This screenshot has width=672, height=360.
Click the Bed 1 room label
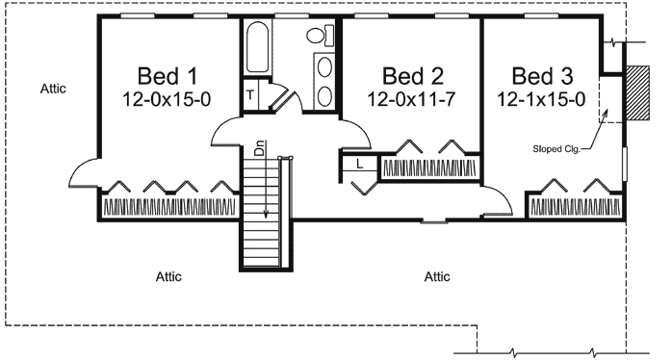click(x=168, y=75)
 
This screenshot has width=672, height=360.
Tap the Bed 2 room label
click(x=411, y=75)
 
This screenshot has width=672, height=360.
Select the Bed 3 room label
click(x=542, y=75)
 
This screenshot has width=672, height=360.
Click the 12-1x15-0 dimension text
click(x=542, y=98)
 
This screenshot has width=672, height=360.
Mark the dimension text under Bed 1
click(x=168, y=98)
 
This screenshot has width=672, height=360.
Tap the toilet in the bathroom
click(x=319, y=37)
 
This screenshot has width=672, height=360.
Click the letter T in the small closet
click(x=250, y=94)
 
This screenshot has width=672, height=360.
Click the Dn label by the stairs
click(x=259, y=150)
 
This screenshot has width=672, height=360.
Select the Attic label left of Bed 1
click(x=53, y=88)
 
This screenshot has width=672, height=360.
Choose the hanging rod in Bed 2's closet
click(x=430, y=168)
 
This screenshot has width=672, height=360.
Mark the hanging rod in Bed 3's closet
click(x=575, y=207)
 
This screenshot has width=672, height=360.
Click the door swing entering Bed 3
click(x=496, y=199)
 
